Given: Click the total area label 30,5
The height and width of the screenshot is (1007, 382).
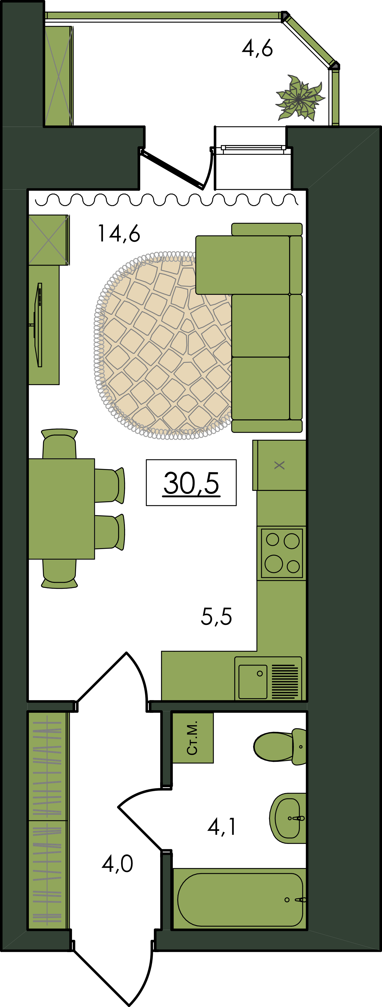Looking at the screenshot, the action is [x=191, y=483].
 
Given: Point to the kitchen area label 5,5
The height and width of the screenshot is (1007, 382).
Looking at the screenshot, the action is [x=216, y=617].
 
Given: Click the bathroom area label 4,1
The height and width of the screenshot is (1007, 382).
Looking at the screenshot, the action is [x=222, y=827].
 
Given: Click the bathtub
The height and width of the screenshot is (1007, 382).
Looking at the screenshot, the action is [x=240, y=899].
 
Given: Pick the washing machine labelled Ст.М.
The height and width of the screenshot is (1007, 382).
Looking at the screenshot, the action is [x=193, y=737].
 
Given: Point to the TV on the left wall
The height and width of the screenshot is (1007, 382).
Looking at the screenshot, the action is [x=38, y=325].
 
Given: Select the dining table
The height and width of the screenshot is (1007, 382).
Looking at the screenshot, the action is [x=61, y=509].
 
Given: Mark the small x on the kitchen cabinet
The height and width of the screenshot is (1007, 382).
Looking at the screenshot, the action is [x=279, y=465].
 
